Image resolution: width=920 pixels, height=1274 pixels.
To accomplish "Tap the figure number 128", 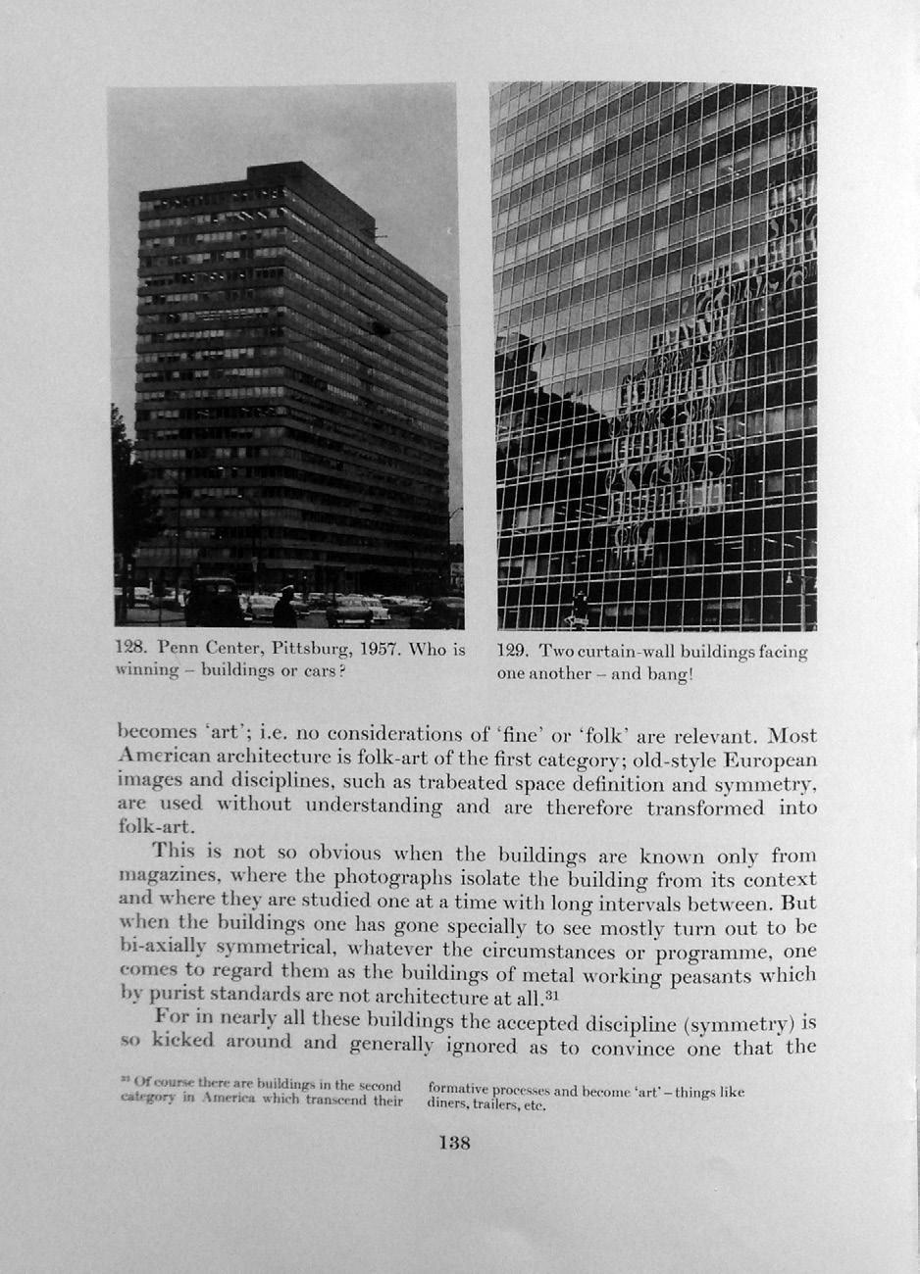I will pyautogui.click(x=132, y=649).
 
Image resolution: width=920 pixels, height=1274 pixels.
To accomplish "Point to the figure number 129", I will pyautogui.click(x=514, y=652).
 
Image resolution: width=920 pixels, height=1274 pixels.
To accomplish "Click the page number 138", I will pyautogui.click(x=454, y=1143).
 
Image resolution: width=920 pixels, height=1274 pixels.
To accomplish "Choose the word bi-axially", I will pyautogui.click(x=163, y=950).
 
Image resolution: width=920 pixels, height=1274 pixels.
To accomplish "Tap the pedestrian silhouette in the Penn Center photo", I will pyautogui.click(x=284, y=609).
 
